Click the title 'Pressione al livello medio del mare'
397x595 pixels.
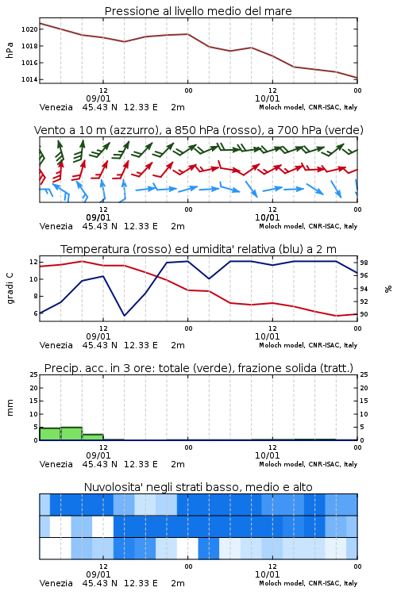pyautogui.click(x=198, y=11)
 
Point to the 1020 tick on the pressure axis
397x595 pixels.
pyautogui.click(x=29, y=29)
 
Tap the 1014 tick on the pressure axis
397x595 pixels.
pyautogui.click(x=29, y=79)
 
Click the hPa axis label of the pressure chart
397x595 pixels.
pyautogui.click(x=10, y=50)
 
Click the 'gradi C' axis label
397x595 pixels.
pyautogui.click(x=10, y=289)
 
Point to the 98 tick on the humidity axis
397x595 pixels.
pyautogui.click(x=364, y=263)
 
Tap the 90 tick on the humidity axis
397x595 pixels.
pyautogui.click(x=364, y=314)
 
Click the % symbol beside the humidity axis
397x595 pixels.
pyautogui.click(x=388, y=289)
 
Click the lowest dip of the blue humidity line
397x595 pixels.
pyautogui.click(x=124, y=315)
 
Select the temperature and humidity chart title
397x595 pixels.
pyautogui.click(x=198, y=249)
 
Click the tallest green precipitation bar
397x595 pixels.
pyautogui.click(x=71, y=434)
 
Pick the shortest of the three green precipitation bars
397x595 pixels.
pyautogui.click(x=93, y=437)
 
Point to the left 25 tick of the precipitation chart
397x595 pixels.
pyautogui.click(x=34, y=374)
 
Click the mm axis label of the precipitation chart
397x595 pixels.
pyautogui.click(x=10, y=408)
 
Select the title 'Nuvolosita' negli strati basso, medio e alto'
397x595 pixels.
pyautogui.click(x=198, y=487)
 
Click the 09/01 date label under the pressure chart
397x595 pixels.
pyautogui.click(x=98, y=98)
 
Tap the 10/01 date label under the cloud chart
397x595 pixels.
pyautogui.click(x=267, y=574)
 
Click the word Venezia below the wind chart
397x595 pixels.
pyautogui.click(x=56, y=226)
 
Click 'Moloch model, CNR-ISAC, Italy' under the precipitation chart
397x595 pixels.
pyautogui.click(x=308, y=464)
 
